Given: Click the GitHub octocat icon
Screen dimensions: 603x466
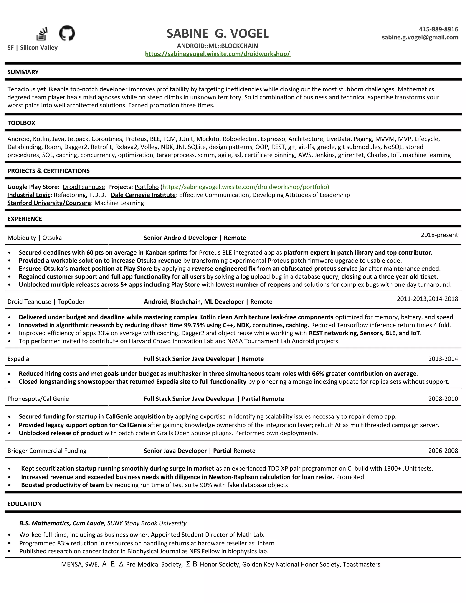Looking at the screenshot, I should (x=67, y=33).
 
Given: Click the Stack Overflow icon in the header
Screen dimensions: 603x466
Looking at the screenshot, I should (x=42, y=34).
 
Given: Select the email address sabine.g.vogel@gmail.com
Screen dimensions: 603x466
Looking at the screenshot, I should (x=420, y=37).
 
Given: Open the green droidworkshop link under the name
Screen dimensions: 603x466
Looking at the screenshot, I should (x=218, y=54).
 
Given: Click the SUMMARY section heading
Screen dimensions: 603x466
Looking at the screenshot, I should (x=23, y=72).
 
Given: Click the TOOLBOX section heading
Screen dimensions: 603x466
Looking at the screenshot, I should (x=21, y=123).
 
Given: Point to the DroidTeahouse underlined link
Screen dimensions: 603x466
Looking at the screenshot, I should (x=84, y=187).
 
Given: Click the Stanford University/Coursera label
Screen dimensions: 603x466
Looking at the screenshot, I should (x=49, y=203).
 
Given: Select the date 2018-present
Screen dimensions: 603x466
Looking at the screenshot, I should (x=439, y=235).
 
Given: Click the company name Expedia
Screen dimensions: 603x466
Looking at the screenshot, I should (x=18, y=359).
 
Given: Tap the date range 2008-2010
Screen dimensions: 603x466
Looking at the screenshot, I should (x=443, y=399).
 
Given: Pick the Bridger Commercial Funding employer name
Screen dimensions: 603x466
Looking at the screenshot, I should (x=47, y=451).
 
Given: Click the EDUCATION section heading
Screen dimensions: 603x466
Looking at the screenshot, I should (x=24, y=504).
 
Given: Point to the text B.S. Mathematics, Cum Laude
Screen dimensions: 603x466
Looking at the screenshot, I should (x=61, y=523).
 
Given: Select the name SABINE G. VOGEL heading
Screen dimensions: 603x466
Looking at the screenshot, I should (x=218, y=34).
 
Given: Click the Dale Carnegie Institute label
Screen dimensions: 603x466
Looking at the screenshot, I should (x=143, y=195).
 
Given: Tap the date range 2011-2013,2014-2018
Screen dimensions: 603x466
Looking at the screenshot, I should (x=427, y=299).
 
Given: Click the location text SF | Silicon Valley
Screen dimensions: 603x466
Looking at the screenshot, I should (x=33, y=48).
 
